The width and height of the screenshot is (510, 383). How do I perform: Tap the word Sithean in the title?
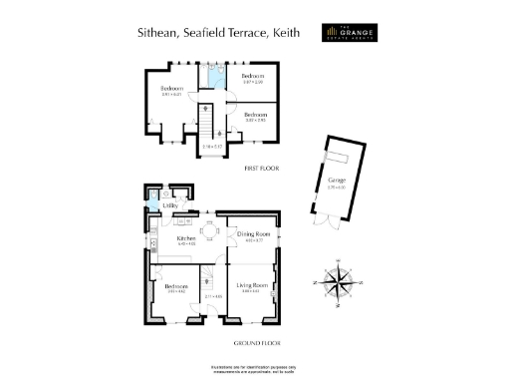(x=156, y=32)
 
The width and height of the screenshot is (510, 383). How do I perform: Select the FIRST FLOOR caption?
(x=261, y=169)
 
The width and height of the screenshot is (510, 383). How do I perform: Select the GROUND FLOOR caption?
(x=254, y=343)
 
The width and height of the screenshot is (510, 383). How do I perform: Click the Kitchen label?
(x=186, y=239)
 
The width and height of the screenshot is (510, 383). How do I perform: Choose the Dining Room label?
(x=253, y=233)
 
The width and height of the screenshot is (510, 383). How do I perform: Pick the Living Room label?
(x=253, y=286)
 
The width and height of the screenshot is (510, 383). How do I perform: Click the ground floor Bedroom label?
(x=177, y=286)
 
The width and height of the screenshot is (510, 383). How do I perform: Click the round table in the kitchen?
(x=211, y=230)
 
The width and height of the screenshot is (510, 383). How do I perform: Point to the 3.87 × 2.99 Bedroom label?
(x=253, y=77)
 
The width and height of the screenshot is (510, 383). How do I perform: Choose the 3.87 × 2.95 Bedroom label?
(x=255, y=116)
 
